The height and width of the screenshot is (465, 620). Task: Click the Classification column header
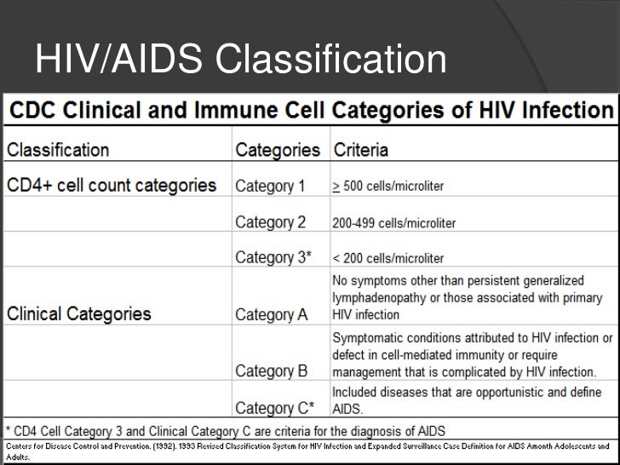pos(59,151)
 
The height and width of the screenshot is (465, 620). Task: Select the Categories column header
pos(277,151)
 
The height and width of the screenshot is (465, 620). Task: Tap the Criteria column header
pos(360,151)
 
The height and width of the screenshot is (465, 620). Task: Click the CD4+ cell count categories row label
pos(112,185)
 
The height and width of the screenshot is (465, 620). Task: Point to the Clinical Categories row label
pos(79,313)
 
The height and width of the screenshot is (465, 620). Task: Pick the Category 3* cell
pos(273,257)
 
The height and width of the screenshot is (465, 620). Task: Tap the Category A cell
pos(272,315)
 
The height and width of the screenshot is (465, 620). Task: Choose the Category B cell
pos(272,370)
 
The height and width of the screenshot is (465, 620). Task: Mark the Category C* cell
pos(274,407)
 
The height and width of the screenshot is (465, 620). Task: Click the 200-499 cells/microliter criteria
pos(393,223)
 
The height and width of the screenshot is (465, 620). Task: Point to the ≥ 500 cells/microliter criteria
pos(387,187)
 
